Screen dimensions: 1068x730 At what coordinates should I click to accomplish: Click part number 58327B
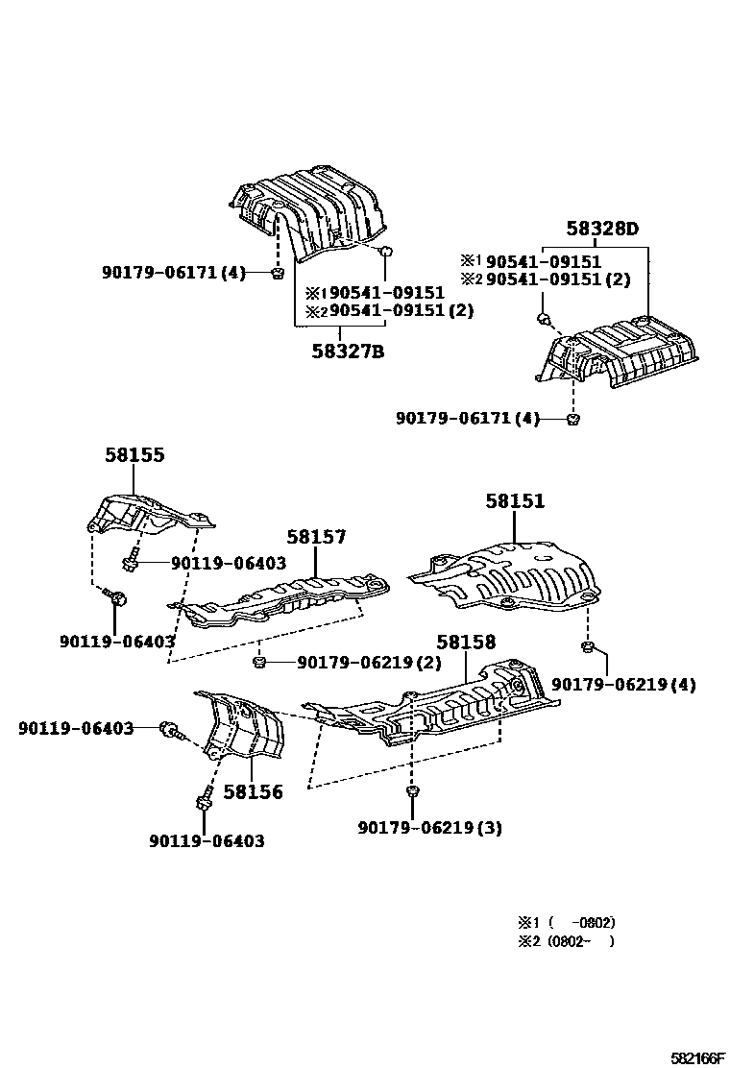(x=347, y=352)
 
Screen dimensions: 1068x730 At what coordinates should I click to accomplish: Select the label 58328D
(x=601, y=229)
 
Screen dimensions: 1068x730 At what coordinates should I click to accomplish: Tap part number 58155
(x=134, y=455)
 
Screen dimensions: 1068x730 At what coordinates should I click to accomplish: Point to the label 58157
(x=316, y=538)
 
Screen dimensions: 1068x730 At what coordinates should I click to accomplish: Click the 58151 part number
(x=515, y=500)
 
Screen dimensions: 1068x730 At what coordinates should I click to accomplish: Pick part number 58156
(x=254, y=792)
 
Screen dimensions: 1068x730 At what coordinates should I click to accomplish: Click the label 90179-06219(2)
(x=369, y=663)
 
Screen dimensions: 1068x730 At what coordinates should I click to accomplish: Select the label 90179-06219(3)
(x=429, y=828)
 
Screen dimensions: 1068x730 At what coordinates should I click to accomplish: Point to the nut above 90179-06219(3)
(x=411, y=790)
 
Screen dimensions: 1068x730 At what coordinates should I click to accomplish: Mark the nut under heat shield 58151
(x=587, y=644)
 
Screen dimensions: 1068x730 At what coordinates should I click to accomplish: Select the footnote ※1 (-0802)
(x=566, y=922)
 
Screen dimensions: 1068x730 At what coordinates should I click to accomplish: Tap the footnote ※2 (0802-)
(x=566, y=941)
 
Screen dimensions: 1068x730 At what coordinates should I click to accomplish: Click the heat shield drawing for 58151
(x=509, y=576)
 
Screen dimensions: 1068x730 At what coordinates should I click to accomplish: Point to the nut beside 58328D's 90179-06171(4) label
(x=573, y=419)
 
